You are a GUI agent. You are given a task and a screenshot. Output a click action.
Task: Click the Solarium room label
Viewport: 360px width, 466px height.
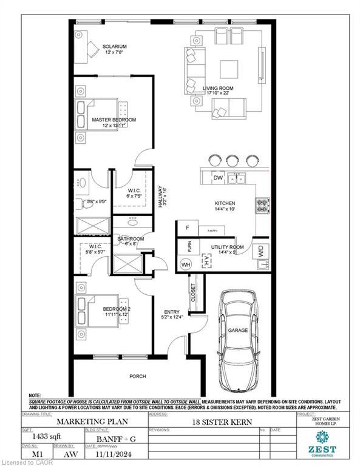point(114,47)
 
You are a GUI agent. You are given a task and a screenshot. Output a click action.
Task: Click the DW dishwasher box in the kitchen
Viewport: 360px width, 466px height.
point(218,178)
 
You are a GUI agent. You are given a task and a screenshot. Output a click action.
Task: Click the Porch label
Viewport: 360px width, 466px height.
point(138,376)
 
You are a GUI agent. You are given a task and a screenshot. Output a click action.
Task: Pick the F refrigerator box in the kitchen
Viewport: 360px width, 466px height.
point(188,228)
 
